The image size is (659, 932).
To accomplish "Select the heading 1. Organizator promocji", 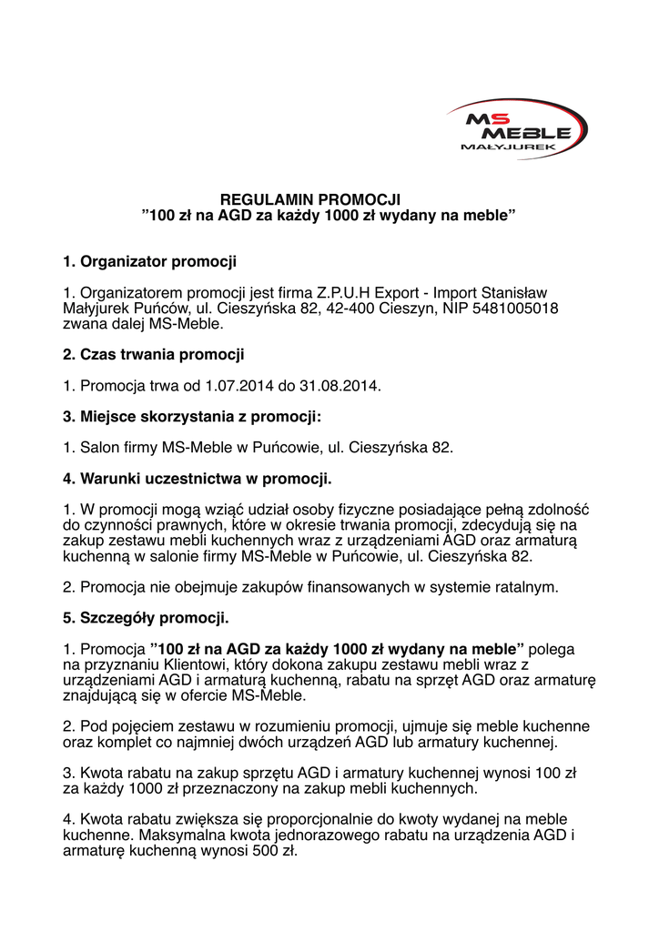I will point(149,262).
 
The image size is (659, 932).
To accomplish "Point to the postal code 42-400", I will point(345,309).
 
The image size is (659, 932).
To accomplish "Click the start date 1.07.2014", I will point(238,386).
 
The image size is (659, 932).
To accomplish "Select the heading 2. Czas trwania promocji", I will point(153,354).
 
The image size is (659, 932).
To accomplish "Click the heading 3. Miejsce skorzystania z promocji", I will point(191,417).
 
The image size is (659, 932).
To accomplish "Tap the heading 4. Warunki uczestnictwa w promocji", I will point(197,478).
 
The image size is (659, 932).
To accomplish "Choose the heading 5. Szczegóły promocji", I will point(146,618).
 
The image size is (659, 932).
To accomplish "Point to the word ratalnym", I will point(525,588).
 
